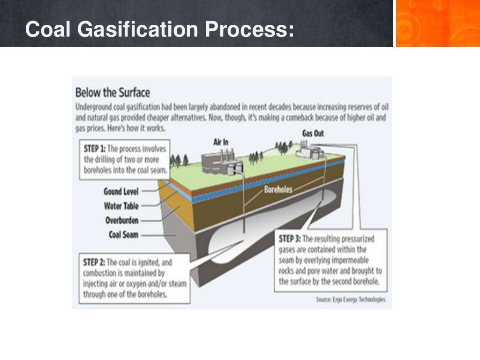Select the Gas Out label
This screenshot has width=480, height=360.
313,134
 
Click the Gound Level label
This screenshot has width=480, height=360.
120,191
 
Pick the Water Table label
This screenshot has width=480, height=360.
121,206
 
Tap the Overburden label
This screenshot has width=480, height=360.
122,220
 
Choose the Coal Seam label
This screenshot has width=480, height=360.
123,234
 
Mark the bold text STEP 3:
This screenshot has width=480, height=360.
290,239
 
